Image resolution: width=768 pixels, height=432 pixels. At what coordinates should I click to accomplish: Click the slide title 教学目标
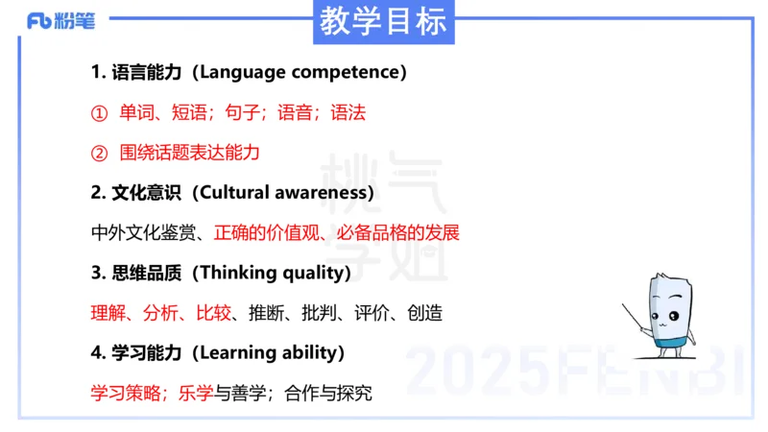point(383,21)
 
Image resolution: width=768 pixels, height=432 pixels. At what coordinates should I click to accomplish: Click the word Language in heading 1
point(249,73)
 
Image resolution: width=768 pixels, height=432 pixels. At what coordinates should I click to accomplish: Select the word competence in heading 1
point(349,73)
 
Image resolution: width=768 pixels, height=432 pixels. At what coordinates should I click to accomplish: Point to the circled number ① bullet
point(99,113)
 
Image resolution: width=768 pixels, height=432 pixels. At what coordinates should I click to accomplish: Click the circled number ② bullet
point(99,153)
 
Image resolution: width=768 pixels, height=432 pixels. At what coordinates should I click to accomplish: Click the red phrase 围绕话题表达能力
point(189,153)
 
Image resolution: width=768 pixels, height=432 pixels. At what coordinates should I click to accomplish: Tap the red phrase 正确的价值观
point(264,232)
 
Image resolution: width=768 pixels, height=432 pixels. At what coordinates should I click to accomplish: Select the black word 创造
point(423,313)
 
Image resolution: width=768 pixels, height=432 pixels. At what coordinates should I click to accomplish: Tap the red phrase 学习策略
point(129,393)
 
